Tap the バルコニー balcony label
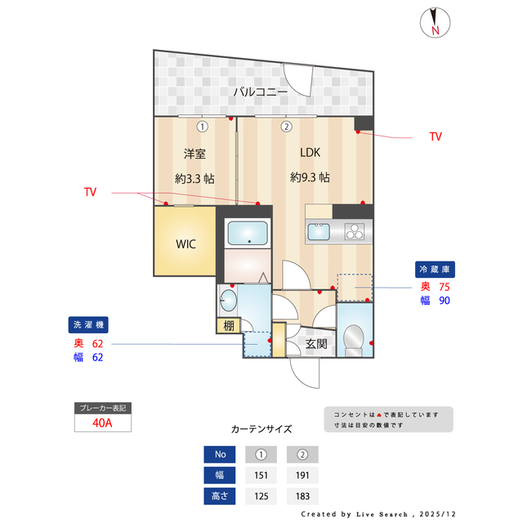[x=260, y=92]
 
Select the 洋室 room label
[x=194, y=153]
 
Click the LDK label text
[x=310, y=153]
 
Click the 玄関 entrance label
[x=316, y=344]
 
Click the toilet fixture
[x=355, y=339]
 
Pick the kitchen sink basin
[x=320, y=232]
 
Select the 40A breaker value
[x=102, y=423]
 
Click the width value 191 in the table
[x=302, y=476]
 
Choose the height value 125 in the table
[x=261, y=496]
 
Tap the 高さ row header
[x=220, y=496]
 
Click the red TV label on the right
[x=435, y=136]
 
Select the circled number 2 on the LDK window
[x=287, y=127]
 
